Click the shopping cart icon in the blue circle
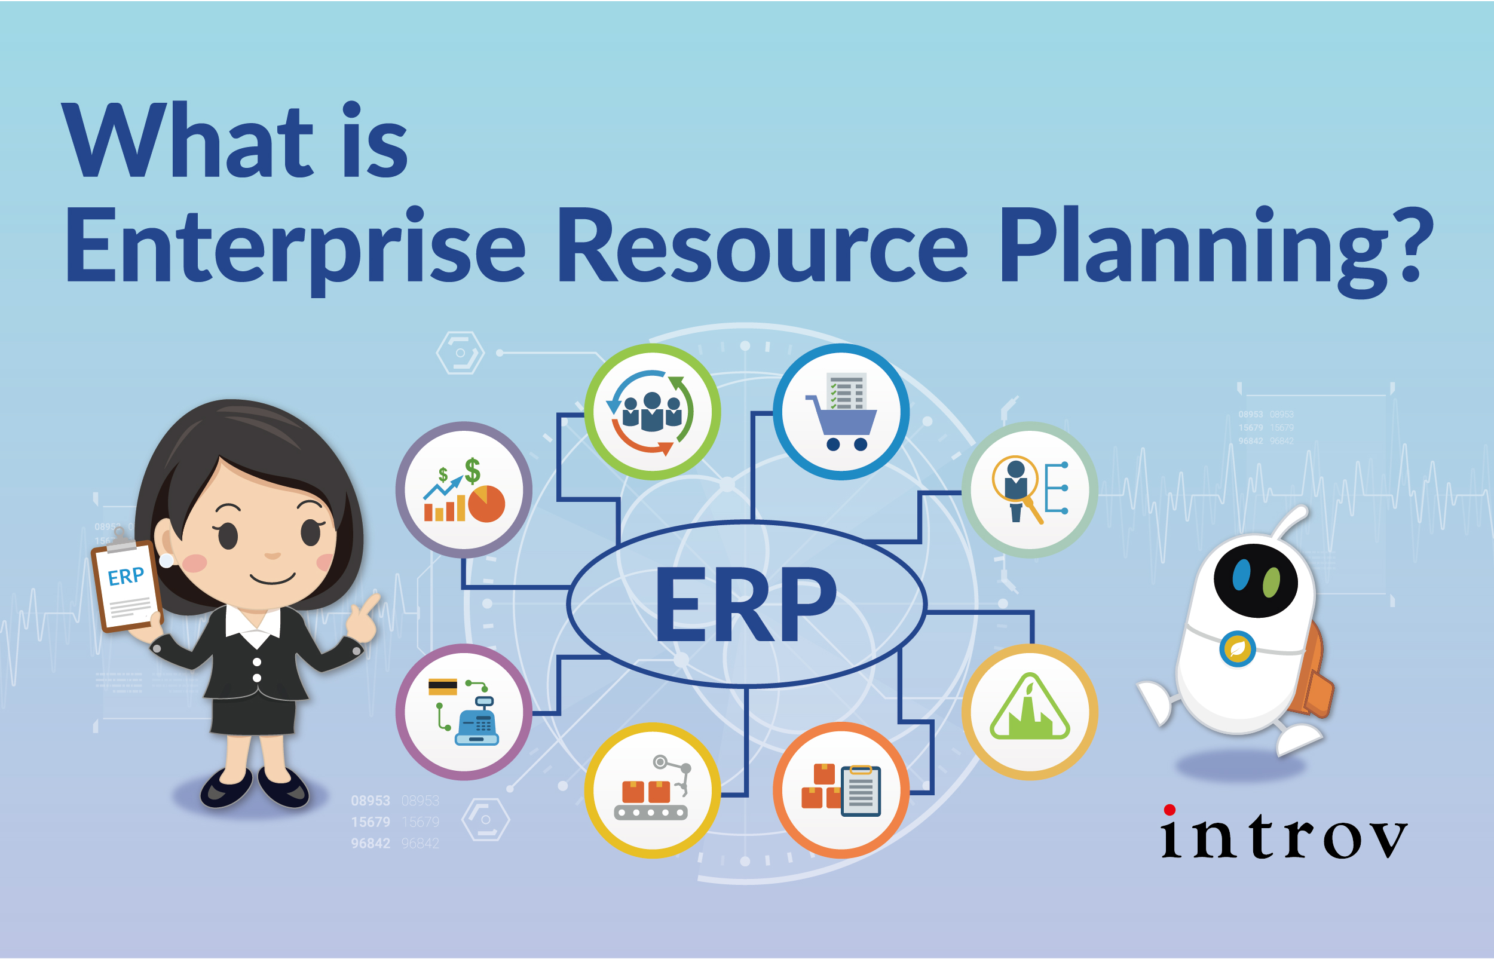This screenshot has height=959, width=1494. pyautogui.click(x=841, y=412)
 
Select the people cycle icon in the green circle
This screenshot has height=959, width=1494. pyautogui.click(x=652, y=412)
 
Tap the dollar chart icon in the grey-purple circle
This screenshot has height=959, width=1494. pyautogui.click(x=464, y=490)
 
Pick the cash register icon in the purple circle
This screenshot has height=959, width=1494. pyautogui.click(x=464, y=712)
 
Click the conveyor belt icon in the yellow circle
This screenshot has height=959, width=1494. pyautogui.click(x=652, y=791)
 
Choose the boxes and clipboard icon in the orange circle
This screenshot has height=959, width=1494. pyautogui.click(x=841, y=791)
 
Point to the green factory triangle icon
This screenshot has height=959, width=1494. pyautogui.click(x=1030, y=712)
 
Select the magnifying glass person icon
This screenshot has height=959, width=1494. pyautogui.click(x=1030, y=490)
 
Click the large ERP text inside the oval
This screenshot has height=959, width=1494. pyautogui.click(x=745, y=604)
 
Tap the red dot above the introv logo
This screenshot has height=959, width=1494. pyautogui.click(x=1170, y=810)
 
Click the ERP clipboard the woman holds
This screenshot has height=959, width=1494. pyautogui.click(x=127, y=586)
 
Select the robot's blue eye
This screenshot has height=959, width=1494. pyautogui.click(x=1241, y=574)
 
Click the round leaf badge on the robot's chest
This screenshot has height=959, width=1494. pyautogui.click(x=1238, y=649)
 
